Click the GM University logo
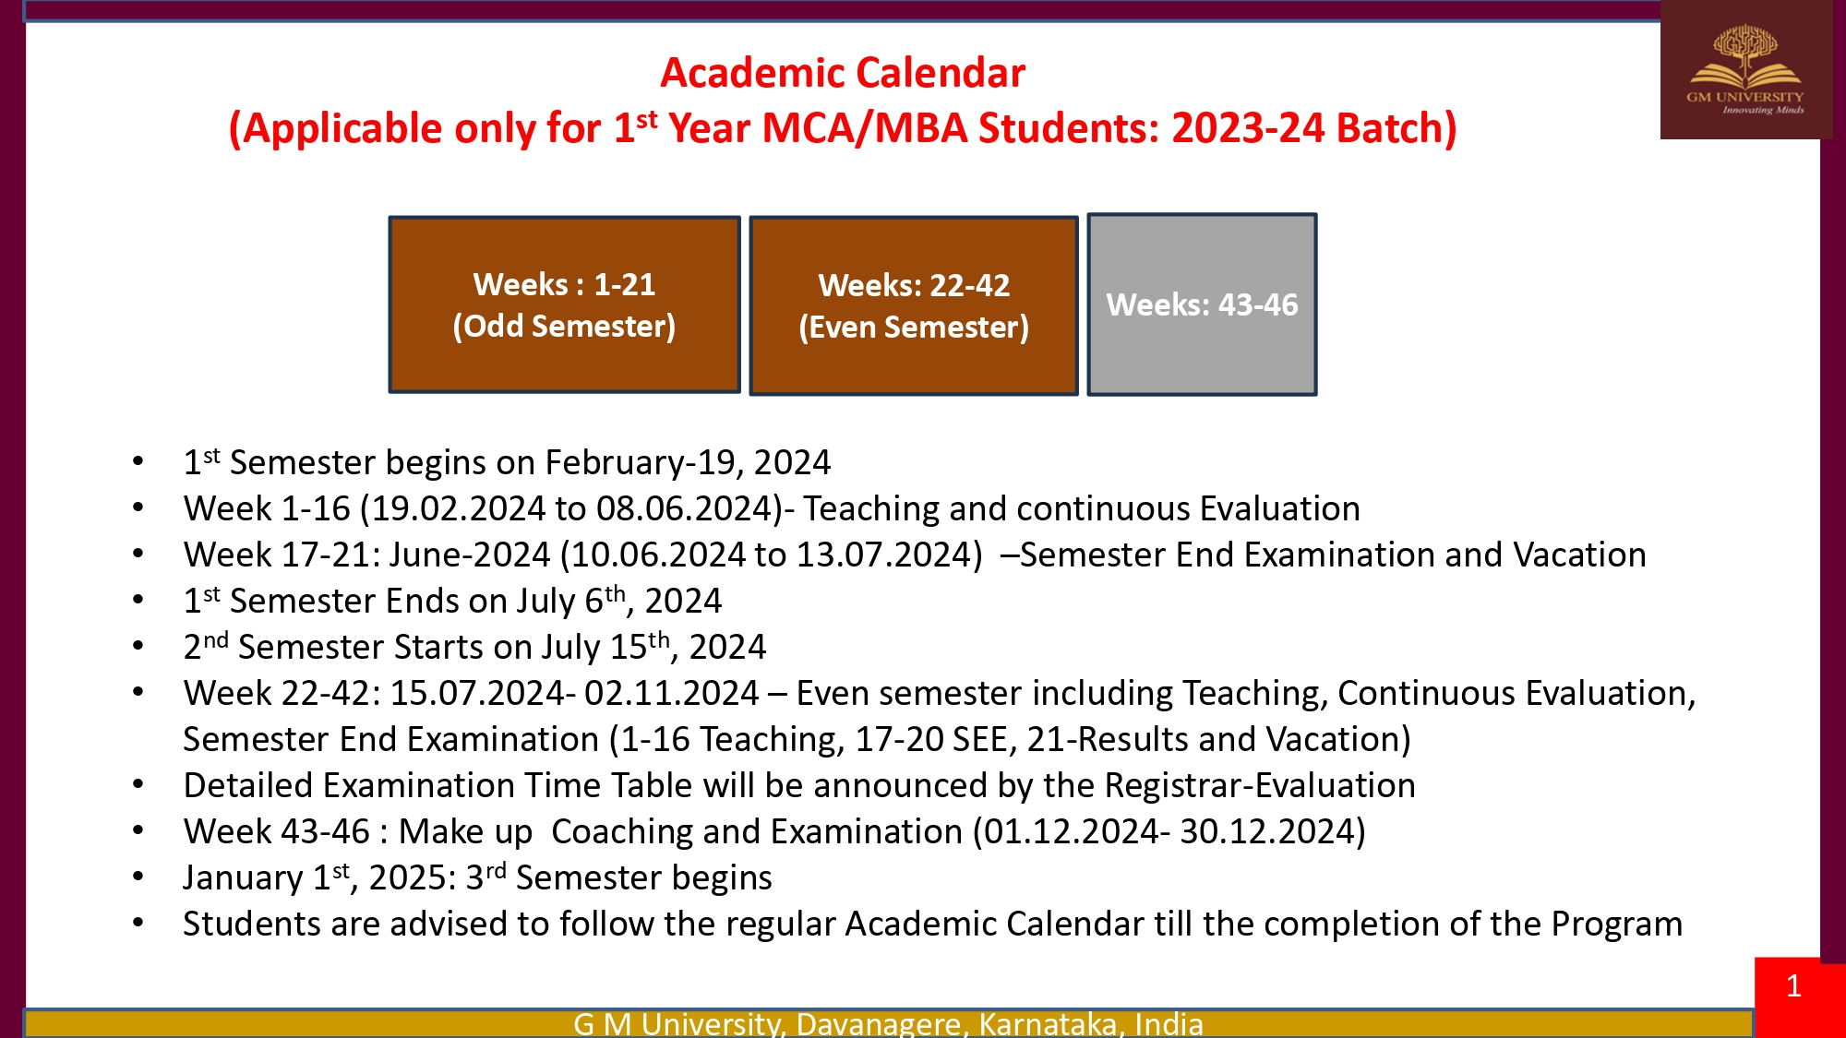[x=1744, y=70]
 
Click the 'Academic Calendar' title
[x=843, y=73]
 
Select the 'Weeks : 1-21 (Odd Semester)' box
[x=564, y=304]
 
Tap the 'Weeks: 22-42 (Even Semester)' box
[x=914, y=305]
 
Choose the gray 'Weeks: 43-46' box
[x=1202, y=304]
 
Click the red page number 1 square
[x=1793, y=987]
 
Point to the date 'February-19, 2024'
[x=688, y=462]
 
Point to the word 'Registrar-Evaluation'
[x=1259, y=785]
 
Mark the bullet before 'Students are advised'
[x=138, y=923]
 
